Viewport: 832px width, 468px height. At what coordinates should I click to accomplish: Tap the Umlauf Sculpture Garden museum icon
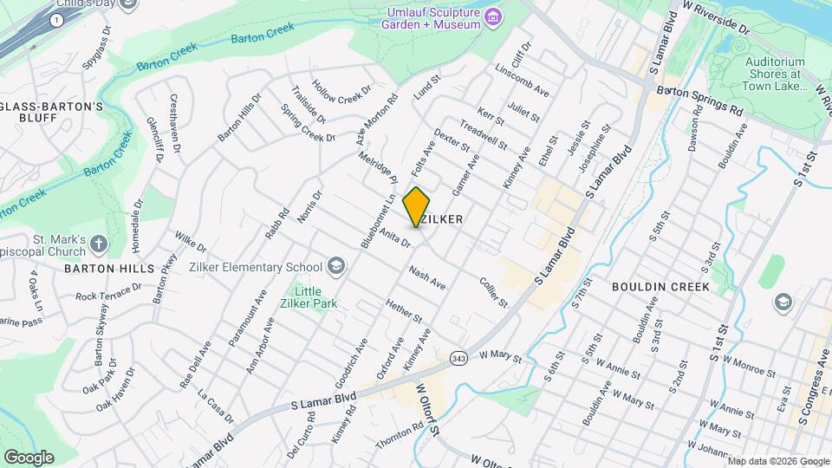[493, 16]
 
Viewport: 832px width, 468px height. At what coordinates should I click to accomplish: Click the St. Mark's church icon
[98, 244]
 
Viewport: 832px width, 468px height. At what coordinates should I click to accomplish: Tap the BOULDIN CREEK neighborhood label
[660, 286]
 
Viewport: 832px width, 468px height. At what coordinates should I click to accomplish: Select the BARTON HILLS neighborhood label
[102, 269]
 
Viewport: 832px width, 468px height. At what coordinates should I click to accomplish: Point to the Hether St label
[404, 312]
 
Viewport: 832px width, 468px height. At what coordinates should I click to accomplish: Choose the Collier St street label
[492, 291]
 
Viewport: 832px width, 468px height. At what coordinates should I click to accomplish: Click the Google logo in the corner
[29, 457]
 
